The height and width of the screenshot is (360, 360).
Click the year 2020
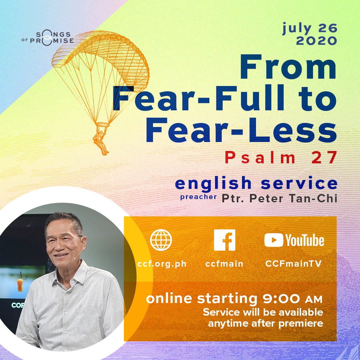point(316,41)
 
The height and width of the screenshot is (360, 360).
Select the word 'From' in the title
point(288,67)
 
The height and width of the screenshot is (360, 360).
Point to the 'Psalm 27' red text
point(281,158)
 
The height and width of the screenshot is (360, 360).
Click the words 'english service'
point(256,183)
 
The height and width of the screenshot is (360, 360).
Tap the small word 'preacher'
point(199,197)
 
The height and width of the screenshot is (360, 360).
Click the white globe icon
point(161,240)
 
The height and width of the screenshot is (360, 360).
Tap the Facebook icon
point(225,240)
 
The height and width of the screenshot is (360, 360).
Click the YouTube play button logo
point(273,240)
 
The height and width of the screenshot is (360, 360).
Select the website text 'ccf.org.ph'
point(162,264)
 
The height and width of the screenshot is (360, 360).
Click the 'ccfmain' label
point(224,264)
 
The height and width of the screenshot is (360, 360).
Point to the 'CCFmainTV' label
point(293,264)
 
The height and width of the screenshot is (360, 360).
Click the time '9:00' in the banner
point(281,299)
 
